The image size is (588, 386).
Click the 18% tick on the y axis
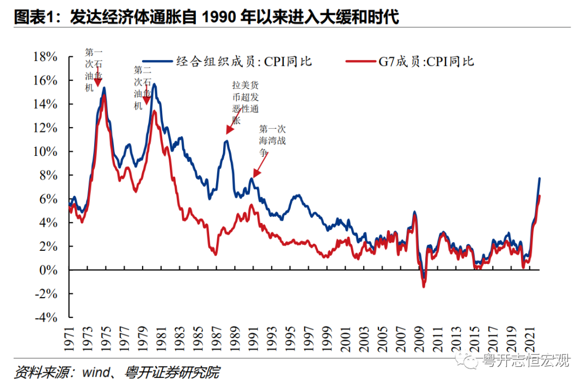coord(45,57)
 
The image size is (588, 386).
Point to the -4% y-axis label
coord(45,317)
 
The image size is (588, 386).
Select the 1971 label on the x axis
coord(70,337)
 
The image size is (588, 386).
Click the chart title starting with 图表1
coord(207,17)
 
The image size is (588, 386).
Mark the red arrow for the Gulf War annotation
coord(260,167)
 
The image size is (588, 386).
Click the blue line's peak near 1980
coord(155,84)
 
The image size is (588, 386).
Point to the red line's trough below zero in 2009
coord(424,286)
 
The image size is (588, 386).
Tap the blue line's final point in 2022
coord(539,178)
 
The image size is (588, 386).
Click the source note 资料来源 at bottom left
coord(117,373)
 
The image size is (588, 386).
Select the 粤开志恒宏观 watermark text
coord(525,360)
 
